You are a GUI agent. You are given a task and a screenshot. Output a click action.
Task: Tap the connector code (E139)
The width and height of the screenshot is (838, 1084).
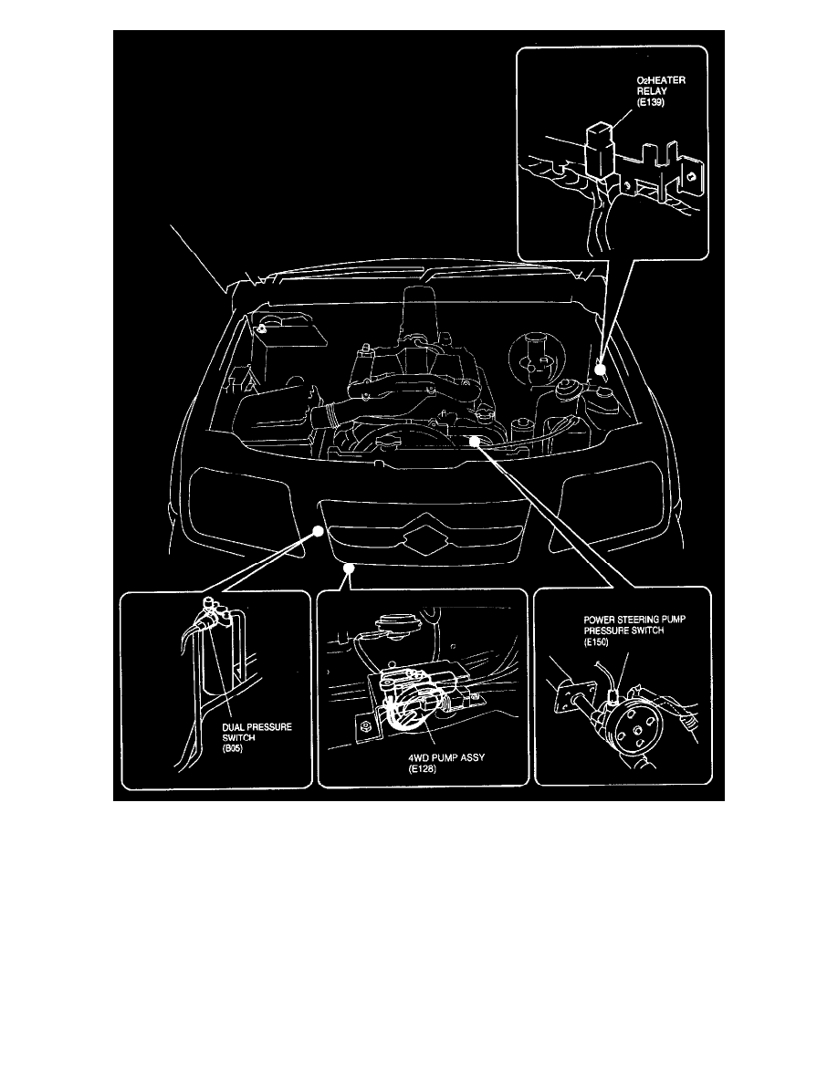(653, 116)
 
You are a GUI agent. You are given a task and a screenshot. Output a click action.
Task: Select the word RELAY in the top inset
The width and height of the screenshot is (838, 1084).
(654, 103)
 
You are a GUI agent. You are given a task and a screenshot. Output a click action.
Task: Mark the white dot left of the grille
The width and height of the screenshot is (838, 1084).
(317, 530)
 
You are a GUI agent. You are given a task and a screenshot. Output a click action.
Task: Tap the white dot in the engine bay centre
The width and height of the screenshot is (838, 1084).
(474, 441)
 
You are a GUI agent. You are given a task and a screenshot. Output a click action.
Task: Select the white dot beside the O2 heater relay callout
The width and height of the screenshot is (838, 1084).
(600, 370)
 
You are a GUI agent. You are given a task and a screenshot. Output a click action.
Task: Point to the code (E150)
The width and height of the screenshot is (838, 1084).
(599, 642)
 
